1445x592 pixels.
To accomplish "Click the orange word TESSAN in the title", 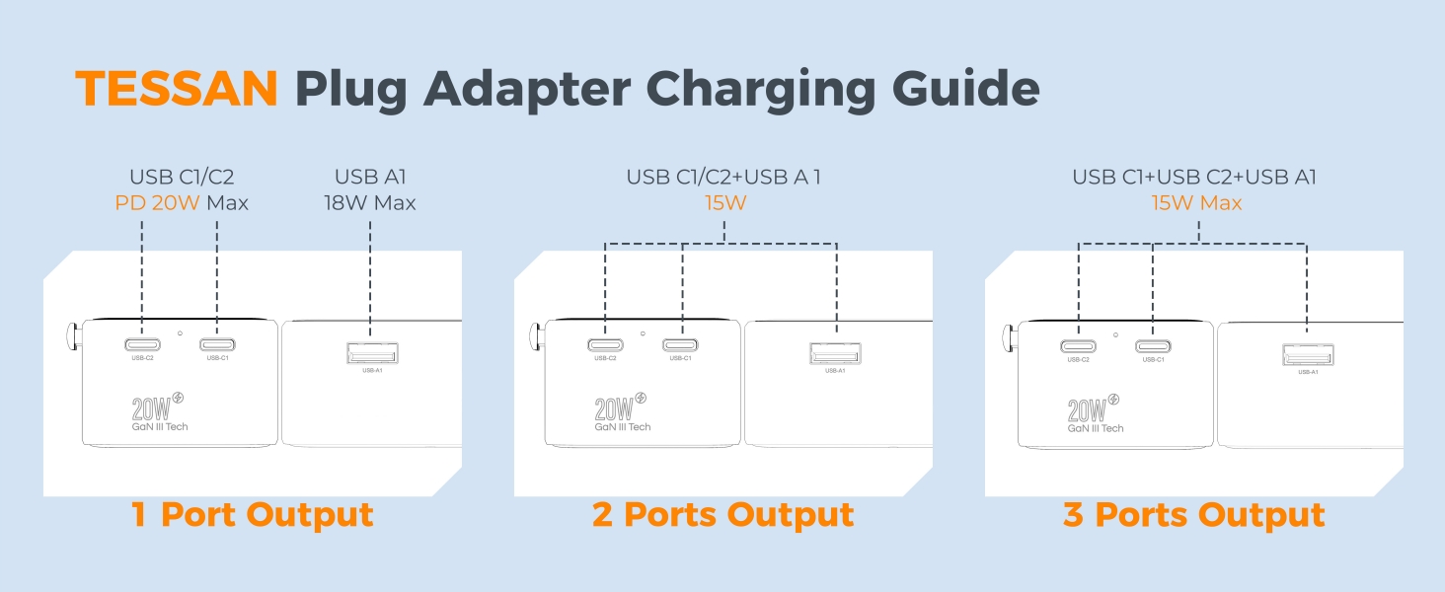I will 177,90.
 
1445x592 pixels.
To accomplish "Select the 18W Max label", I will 370,203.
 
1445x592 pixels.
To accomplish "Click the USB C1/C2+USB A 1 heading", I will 723,178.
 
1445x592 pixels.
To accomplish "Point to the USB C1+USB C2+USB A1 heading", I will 1194,178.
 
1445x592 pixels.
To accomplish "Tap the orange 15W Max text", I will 1195,203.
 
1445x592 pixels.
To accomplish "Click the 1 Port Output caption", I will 253,514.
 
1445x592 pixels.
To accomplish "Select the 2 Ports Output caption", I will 722,514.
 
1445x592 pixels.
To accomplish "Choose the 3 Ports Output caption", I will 1193,514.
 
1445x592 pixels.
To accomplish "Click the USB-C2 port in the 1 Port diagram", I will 142,345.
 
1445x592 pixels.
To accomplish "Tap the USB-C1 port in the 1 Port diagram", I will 216,345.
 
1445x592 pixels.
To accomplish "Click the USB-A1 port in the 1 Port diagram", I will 371,353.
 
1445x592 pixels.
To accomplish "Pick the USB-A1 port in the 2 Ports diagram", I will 835,353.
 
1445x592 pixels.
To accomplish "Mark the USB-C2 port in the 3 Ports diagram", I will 1078,346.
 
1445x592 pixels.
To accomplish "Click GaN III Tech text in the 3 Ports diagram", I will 1096,428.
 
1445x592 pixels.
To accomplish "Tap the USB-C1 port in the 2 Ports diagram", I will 680,345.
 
